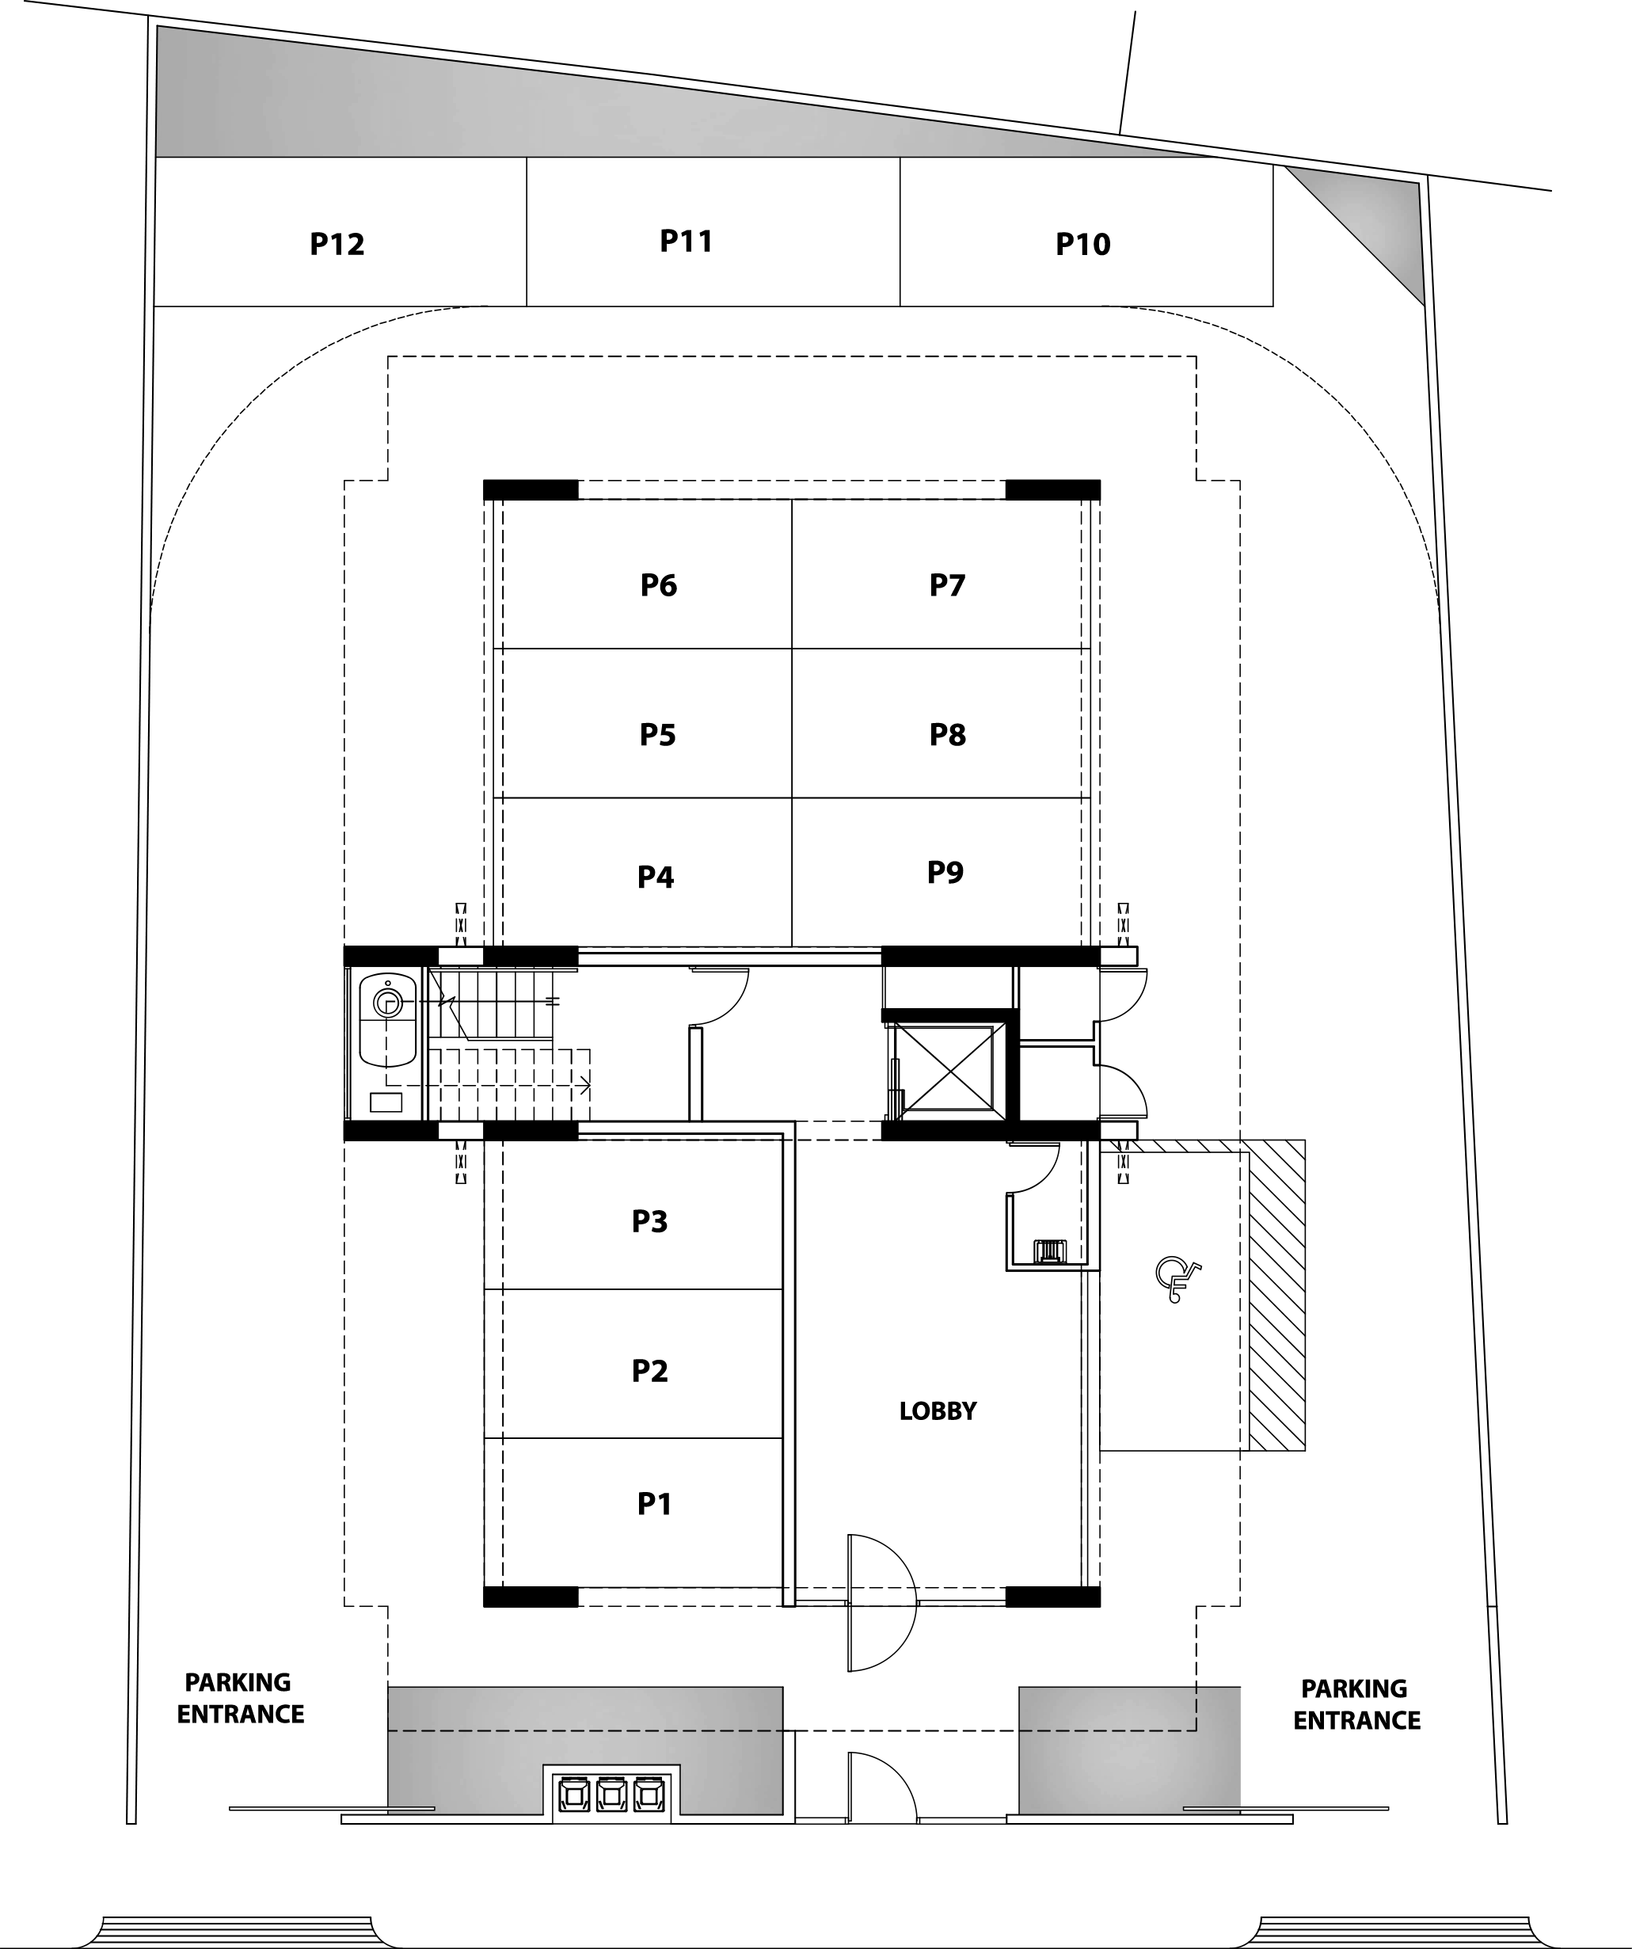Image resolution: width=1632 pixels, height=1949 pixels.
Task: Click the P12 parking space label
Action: pyautogui.click(x=337, y=244)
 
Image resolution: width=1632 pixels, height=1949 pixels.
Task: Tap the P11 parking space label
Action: pyautogui.click(x=687, y=242)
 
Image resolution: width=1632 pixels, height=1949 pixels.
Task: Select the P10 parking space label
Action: pyautogui.click(x=1082, y=244)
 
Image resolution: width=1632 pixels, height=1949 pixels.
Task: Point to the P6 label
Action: pyautogui.click(x=659, y=584)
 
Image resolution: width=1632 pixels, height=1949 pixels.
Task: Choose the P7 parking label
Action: pyautogui.click(x=947, y=584)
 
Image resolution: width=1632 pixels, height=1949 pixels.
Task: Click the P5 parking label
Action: pyautogui.click(x=658, y=735)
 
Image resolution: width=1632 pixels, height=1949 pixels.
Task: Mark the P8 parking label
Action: pyautogui.click(x=947, y=735)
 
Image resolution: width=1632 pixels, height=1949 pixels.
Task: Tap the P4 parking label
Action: pyautogui.click(x=655, y=877)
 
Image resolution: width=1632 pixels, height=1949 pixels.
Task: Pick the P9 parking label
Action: pyautogui.click(x=945, y=873)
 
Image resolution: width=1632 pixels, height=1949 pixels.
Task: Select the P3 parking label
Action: pyautogui.click(x=649, y=1221)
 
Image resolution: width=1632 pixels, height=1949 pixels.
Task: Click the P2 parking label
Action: pyautogui.click(x=649, y=1371)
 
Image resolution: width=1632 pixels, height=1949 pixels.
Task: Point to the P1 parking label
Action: pyautogui.click(x=654, y=1503)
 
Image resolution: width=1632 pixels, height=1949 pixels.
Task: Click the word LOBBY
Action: pyautogui.click(x=938, y=1411)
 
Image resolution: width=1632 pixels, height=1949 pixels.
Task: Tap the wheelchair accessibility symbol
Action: pyautogui.click(x=1177, y=1280)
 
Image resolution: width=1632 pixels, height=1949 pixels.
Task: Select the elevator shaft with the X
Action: pyautogui.click(x=947, y=1068)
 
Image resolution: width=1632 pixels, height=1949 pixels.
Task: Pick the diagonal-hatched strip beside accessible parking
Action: pyautogui.click(x=1277, y=1295)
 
